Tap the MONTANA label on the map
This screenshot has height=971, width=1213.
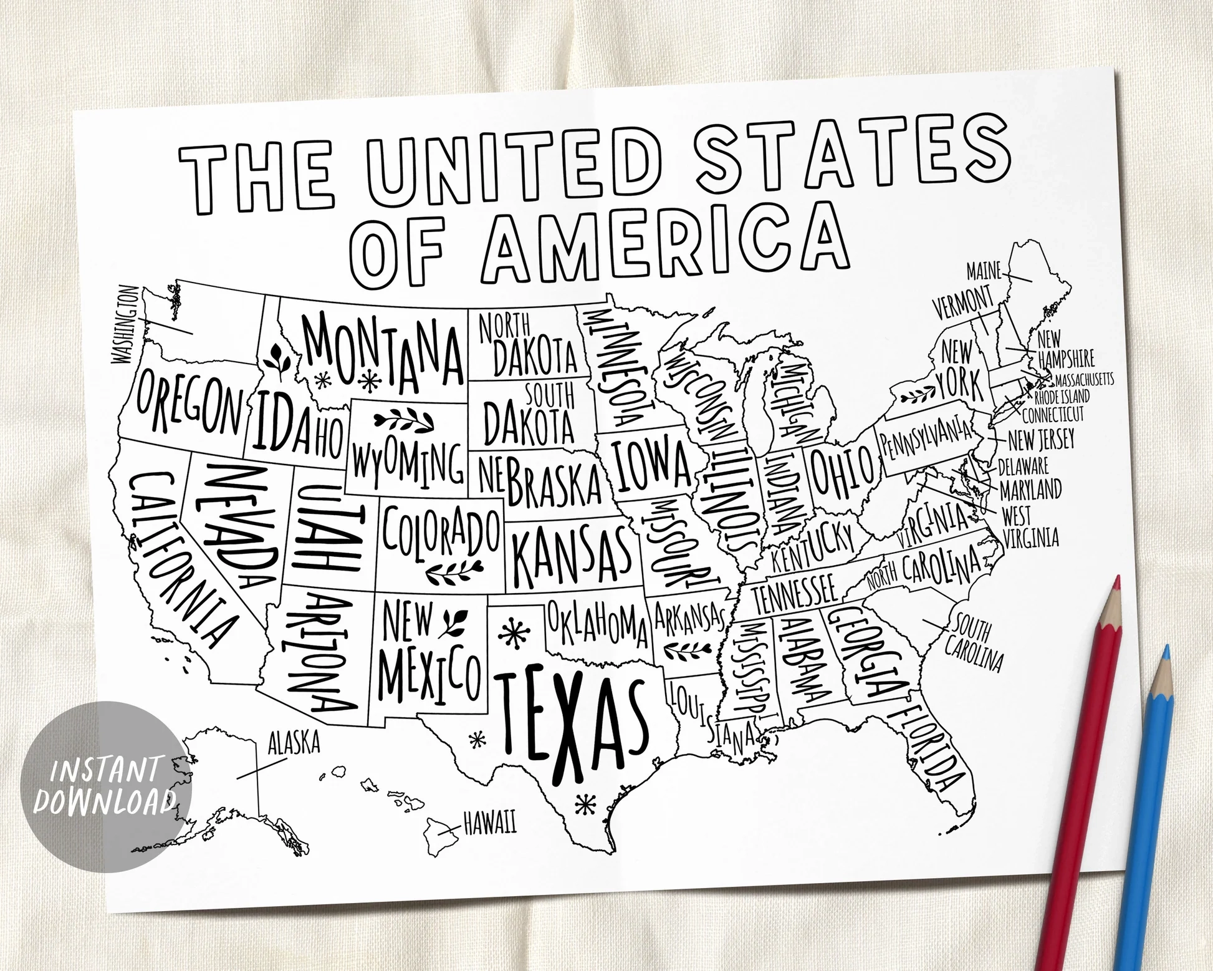(383, 352)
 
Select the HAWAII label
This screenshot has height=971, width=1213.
(490, 826)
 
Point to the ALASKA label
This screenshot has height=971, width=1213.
(294, 743)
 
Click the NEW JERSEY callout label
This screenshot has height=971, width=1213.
(1041, 440)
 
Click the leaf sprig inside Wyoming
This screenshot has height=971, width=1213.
(403, 422)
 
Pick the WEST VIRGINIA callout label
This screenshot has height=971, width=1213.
(1028, 527)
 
